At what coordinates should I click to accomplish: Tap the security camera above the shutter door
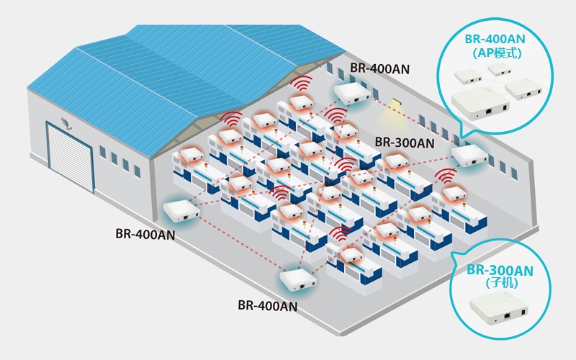[66, 123]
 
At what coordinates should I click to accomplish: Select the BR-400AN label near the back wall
[379, 69]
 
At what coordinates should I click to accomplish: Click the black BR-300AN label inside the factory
[405, 143]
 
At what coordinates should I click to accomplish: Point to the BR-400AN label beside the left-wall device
[144, 234]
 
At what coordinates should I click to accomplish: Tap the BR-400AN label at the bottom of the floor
[267, 305]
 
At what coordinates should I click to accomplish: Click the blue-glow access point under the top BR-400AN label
[352, 93]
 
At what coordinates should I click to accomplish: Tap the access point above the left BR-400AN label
[181, 211]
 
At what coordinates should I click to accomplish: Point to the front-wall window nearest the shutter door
[103, 153]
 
